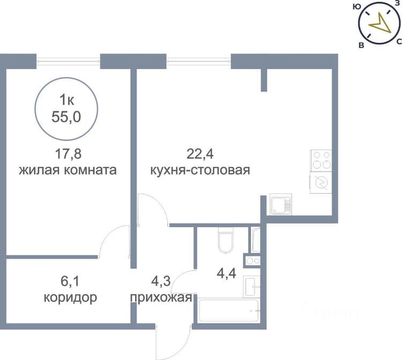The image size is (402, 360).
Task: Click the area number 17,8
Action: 68,154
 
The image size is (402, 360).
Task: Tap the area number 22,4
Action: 200,154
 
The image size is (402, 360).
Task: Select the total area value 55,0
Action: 66,117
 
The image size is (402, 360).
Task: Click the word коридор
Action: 70,298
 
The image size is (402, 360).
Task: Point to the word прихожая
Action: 161,298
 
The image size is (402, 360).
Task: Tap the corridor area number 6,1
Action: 70,281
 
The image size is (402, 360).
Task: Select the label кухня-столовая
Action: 200,170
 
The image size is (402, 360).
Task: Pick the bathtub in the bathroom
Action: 229,310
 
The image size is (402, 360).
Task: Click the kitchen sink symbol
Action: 281,204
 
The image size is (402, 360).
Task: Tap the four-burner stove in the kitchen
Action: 321,160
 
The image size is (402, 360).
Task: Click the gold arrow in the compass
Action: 381,26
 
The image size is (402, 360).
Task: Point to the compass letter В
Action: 361,46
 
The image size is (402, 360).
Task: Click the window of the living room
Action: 68,61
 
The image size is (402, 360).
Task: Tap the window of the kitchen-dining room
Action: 199,61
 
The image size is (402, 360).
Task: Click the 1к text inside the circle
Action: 66,100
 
